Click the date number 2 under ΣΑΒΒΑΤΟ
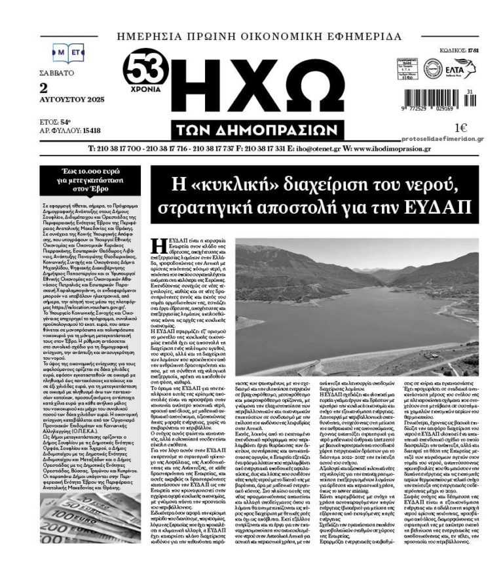pos(44,87)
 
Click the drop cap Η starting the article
pos(157,248)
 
